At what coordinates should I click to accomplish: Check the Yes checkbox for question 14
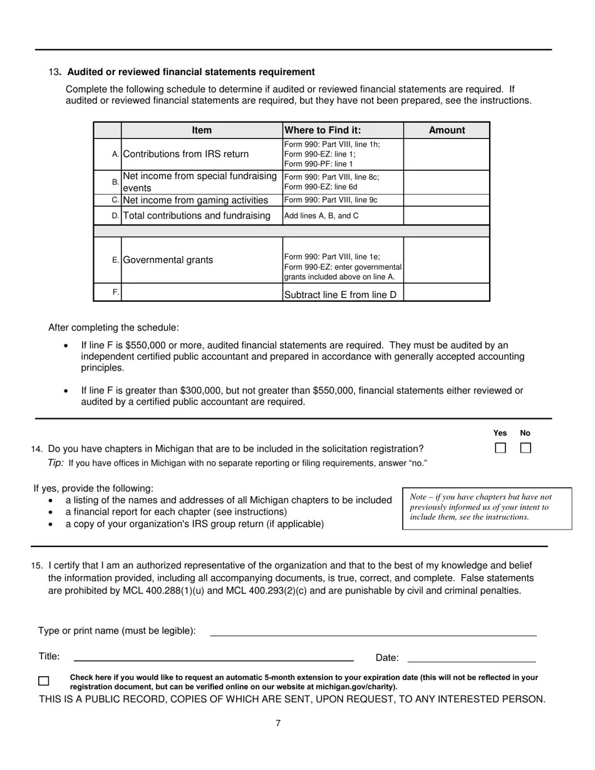click(x=500, y=448)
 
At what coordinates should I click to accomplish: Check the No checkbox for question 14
click(x=525, y=448)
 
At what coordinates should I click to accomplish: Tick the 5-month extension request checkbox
click(x=44, y=681)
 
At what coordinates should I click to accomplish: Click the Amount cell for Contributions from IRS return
click(x=447, y=154)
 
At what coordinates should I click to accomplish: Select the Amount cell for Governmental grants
click(x=447, y=260)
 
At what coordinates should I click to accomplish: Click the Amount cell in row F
click(x=447, y=292)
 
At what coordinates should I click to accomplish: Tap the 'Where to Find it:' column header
click(x=323, y=130)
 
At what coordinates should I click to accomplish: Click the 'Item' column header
click(x=202, y=130)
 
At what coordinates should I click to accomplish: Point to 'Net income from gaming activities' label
click(x=195, y=200)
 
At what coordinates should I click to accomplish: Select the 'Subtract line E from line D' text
click(x=340, y=295)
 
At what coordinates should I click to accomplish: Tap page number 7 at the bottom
click(x=278, y=724)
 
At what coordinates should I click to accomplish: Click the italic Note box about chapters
click(x=487, y=507)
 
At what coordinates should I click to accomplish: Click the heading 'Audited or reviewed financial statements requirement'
click(x=191, y=72)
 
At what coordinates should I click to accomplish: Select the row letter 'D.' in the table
click(x=115, y=216)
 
